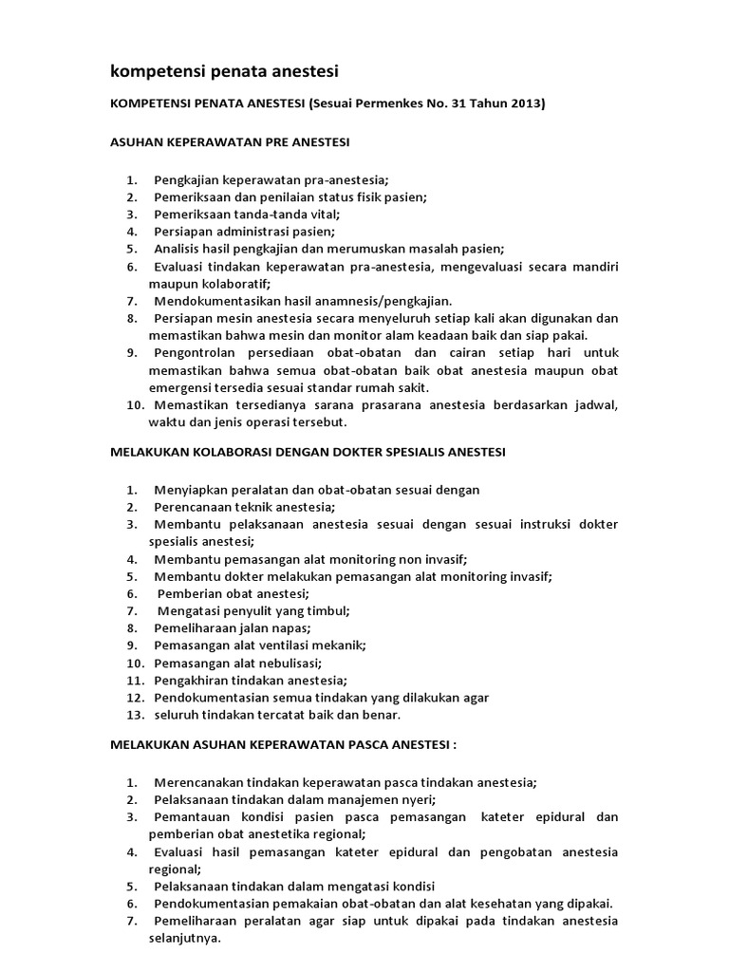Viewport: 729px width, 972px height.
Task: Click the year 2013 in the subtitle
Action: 526,104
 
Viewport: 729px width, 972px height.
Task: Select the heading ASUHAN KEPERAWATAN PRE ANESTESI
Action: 231,141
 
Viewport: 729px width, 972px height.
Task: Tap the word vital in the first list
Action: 321,214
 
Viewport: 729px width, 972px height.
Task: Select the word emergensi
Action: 184,387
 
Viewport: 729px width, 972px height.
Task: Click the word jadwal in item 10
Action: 595,405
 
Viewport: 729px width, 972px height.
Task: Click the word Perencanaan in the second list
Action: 192,507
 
